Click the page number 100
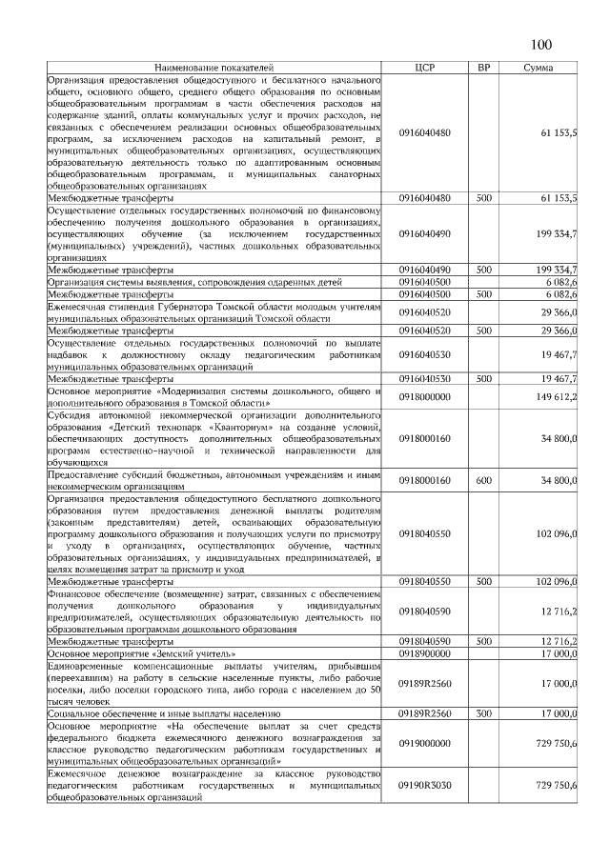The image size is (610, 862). [540, 45]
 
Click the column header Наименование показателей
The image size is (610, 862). [213, 68]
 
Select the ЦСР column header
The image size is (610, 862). [425, 68]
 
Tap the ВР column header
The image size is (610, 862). [483, 68]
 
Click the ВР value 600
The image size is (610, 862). [483, 481]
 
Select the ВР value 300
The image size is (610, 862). [483, 712]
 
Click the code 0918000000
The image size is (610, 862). [425, 396]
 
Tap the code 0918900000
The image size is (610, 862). [425, 654]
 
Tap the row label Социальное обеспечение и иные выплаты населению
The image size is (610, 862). [164, 712]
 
